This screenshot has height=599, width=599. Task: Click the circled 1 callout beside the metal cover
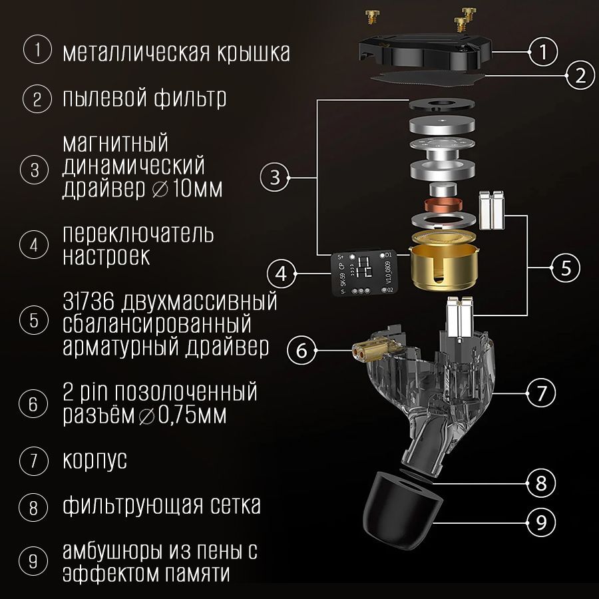543,51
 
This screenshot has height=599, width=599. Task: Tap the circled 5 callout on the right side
566,268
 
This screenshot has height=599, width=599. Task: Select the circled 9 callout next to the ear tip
541,522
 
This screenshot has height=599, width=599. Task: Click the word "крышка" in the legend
254,53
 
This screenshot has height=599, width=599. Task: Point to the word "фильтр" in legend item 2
190,99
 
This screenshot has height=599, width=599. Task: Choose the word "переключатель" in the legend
138,234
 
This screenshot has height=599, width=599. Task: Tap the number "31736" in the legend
89,301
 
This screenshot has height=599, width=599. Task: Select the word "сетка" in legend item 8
236,505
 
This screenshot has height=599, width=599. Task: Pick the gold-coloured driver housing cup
444,262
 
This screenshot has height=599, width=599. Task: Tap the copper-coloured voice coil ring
443,206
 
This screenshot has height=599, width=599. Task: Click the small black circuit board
363,273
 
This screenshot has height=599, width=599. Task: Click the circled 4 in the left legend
34,244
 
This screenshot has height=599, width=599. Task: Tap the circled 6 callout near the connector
301,350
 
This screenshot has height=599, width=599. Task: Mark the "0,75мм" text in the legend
192,415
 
